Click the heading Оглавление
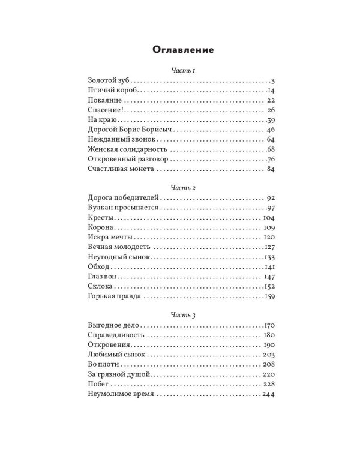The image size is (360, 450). tap(179, 49)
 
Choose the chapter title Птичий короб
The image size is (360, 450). tap(107, 91)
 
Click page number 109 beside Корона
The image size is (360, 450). tap(268, 227)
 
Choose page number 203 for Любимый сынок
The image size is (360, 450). tap(268, 355)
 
